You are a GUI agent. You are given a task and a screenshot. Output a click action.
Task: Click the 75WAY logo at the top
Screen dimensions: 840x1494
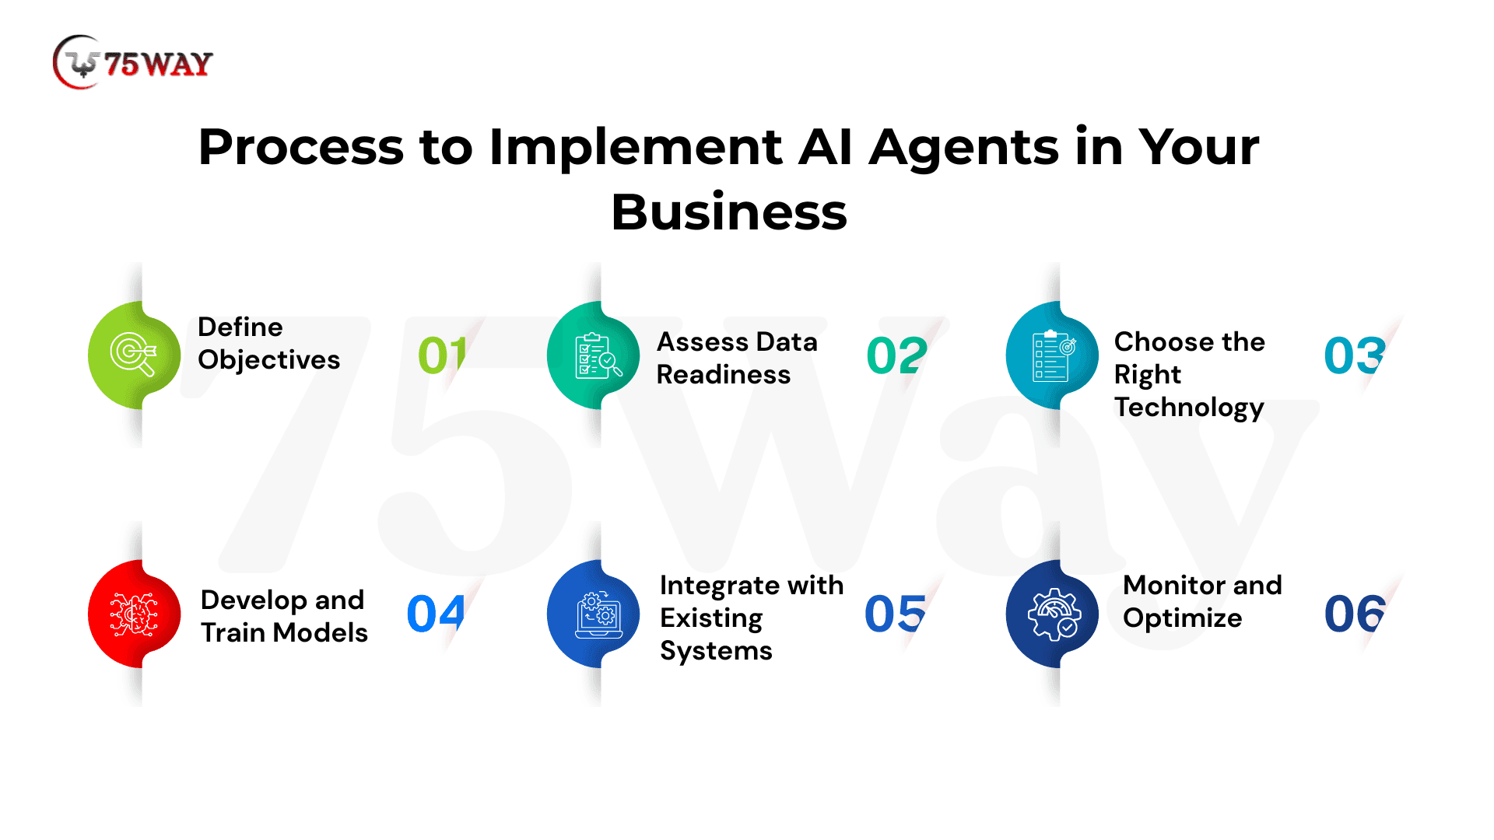[133, 62]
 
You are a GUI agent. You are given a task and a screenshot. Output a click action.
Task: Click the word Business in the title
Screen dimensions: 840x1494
[728, 212]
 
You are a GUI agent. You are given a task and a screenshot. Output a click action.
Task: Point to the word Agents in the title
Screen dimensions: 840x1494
[963, 147]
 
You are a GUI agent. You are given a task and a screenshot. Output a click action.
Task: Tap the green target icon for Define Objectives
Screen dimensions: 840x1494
[134, 355]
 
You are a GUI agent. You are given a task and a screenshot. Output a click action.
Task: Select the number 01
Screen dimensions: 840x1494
[441, 355]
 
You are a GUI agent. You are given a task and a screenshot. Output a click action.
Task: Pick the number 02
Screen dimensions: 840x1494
[896, 355]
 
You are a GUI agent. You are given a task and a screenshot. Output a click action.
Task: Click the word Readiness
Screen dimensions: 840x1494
[723, 375]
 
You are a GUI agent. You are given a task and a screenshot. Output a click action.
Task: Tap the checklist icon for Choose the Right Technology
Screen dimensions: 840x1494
[1053, 355]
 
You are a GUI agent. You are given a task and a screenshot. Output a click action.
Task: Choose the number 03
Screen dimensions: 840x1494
[1354, 355]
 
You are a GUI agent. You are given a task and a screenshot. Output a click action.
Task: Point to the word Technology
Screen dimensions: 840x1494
[1188, 408]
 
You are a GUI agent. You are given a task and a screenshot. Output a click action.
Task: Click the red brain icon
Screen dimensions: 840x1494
[134, 614]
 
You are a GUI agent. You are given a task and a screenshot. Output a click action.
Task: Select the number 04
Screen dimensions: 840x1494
[436, 614]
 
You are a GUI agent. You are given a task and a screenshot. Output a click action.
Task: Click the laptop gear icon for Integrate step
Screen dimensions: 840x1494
[597, 614]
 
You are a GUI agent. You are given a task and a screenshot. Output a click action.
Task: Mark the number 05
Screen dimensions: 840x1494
[895, 614]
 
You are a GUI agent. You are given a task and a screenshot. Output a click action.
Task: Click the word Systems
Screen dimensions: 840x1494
[716, 651]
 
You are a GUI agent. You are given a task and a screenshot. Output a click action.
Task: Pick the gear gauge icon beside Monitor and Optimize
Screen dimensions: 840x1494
[1053, 614]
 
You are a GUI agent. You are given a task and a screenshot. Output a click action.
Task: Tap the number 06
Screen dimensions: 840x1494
[1354, 614]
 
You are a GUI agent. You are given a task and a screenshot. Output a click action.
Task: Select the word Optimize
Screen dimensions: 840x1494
[1182, 618]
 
